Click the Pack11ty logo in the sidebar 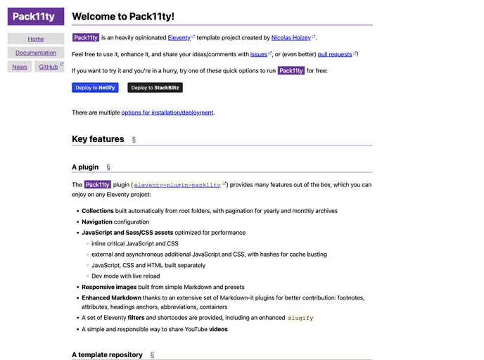tap(36, 17)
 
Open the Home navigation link tap(36, 39)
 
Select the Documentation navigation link tap(36, 53)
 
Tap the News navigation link tap(20, 67)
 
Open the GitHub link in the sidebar tap(49, 67)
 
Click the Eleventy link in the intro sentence tap(179, 37)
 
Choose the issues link tap(258, 54)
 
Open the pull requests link tap(335, 54)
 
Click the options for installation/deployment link tap(167, 112)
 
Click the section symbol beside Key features tap(134, 140)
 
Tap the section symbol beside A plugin tap(108, 167)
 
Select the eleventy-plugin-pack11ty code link tap(177, 185)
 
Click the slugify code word tap(300, 318)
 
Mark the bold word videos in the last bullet tap(218, 329)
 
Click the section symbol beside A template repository tap(152, 355)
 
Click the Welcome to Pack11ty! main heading tap(123, 16)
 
